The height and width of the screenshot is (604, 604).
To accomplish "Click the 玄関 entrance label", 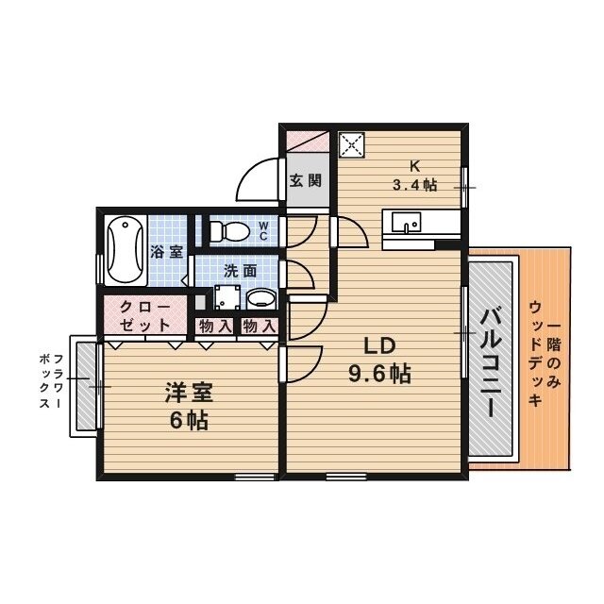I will coord(306,180).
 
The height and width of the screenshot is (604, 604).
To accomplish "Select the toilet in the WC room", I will coord(227,230).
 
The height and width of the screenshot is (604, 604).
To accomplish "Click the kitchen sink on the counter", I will coord(408,225).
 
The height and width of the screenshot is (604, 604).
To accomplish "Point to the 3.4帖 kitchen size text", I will coord(415,185).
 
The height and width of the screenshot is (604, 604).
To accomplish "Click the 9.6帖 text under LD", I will coord(379,374).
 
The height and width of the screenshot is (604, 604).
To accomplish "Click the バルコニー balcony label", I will coord(490,363).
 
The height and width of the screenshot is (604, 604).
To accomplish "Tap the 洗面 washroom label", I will coord(240,270).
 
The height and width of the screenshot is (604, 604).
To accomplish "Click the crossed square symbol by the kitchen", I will coord(351,145).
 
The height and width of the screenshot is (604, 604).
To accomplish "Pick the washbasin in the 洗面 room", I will coord(260,299).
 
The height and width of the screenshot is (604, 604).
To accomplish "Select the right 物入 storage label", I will coord(258,327).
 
